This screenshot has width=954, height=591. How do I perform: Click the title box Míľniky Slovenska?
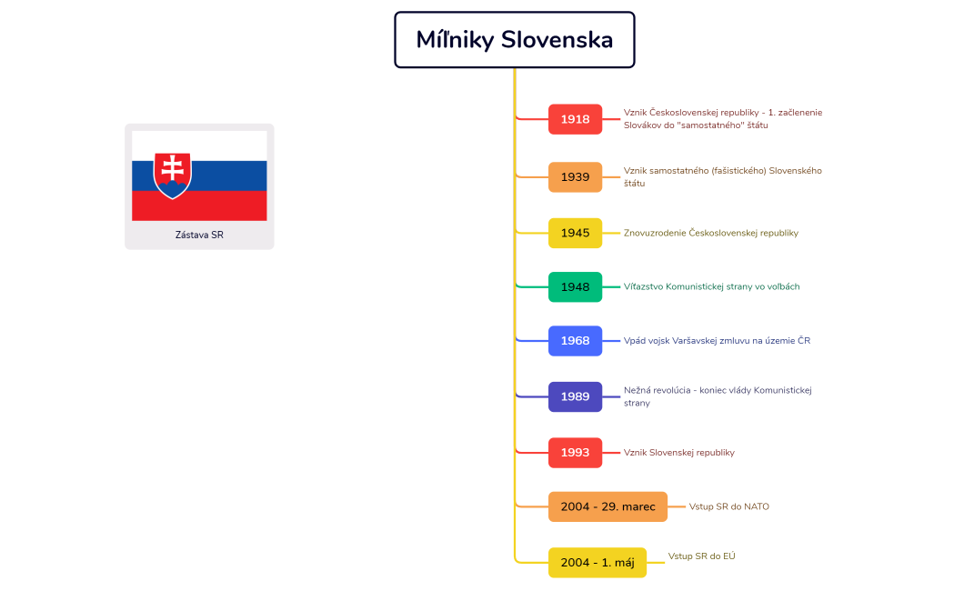pyautogui.click(x=514, y=39)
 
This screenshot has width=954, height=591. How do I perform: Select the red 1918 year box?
pyautogui.click(x=575, y=119)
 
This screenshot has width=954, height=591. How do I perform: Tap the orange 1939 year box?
pyautogui.click(x=575, y=177)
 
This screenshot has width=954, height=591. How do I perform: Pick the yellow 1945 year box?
pyautogui.click(x=575, y=233)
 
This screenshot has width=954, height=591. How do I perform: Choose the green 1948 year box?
pyautogui.click(x=575, y=287)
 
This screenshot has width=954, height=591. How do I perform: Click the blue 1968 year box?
pyautogui.click(x=575, y=340)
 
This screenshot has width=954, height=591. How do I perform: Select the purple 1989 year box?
pyautogui.click(x=575, y=396)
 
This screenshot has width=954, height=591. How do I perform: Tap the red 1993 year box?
pyautogui.click(x=575, y=453)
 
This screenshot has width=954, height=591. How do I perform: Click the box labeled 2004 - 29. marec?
pyautogui.click(x=608, y=506)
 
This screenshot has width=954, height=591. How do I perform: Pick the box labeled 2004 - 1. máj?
pyautogui.click(x=598, y=563)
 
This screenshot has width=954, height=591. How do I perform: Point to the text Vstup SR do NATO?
pyautogui.click(x=728, y=506)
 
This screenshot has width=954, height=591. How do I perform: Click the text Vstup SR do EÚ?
pyautogui.click(x=701, y=556)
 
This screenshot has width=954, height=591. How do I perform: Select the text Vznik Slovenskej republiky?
pyautogui.click(x=679, y=453)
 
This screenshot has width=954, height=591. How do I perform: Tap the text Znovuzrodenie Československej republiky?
pyautogui.click(x=710, y=233)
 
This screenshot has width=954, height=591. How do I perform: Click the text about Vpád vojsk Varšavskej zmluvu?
pyautogui.click(x=717, y=340)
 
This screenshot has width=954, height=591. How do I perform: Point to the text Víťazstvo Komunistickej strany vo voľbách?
pyautogui.click(x=711, y=286)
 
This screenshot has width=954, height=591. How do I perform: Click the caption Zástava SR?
pyautogui.click(x=199, y=235)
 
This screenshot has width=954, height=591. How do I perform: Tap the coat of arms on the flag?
pyautogui.click(x=172, y=175)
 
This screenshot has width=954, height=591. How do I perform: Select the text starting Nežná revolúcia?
pyautogui.click(x=718, y=396)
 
